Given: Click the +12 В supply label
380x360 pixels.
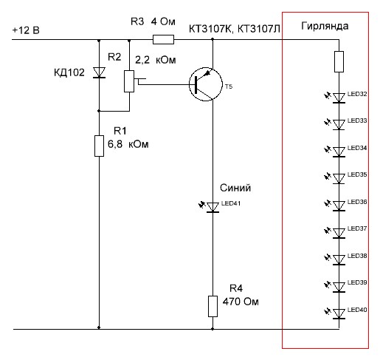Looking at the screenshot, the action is pos(26,30).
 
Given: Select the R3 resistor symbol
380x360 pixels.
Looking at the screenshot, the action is pos(163,39).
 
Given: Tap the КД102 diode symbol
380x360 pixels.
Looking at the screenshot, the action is pos(99,72).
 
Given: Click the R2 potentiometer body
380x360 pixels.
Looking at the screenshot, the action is pos(129,81).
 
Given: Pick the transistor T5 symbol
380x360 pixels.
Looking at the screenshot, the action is pos(206,84).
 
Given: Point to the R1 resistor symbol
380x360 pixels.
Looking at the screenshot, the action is pos(99,146).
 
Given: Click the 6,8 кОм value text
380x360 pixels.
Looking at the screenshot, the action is pos(128,144).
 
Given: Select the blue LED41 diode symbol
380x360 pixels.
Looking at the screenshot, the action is pos(213,207).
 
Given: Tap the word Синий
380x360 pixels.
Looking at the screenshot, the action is pos(235,188).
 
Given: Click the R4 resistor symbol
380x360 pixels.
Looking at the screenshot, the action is pos(213,306).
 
